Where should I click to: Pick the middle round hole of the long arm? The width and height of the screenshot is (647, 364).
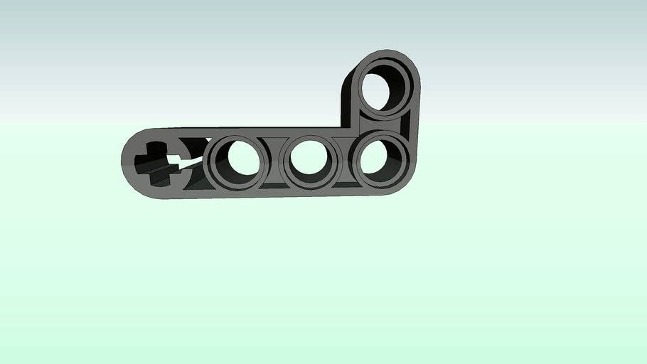[310, 159]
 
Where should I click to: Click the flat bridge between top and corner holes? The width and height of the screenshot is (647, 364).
[384, 121]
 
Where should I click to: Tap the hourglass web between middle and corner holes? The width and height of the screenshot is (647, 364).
[346, 159]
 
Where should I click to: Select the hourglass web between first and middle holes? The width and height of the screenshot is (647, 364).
[272, 161]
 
